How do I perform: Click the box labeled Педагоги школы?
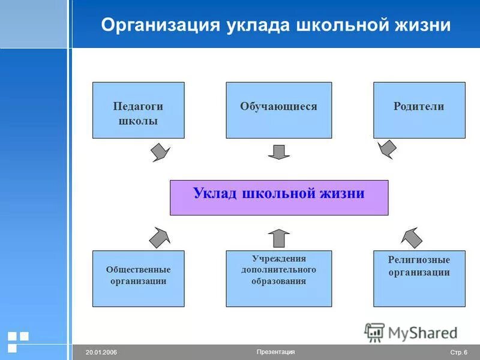[x=138, y=110]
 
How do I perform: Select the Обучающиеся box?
[x=278, y=110]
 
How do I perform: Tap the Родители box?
[x=419, y=110]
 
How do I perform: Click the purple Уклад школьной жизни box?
[x=279, y=197]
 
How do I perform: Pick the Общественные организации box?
[x=138, y=278]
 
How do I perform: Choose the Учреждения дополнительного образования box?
[x=278, y=278]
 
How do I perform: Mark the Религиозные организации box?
[x=419, y=278]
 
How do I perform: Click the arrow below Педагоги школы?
[x=160, y=152]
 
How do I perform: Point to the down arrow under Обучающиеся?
[x=278, y=152]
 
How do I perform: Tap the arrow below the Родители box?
[x=386, y=149]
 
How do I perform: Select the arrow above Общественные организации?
[x=160, y=237]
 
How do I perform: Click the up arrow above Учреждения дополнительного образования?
[x=278, y=238]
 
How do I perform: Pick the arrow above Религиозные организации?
[x=411, y=237]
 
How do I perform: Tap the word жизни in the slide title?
[x=423, y=25]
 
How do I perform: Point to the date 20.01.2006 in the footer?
[x=101, y=352]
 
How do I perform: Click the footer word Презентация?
[x=275, y=352]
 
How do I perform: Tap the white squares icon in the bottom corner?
[x=18, y=341]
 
